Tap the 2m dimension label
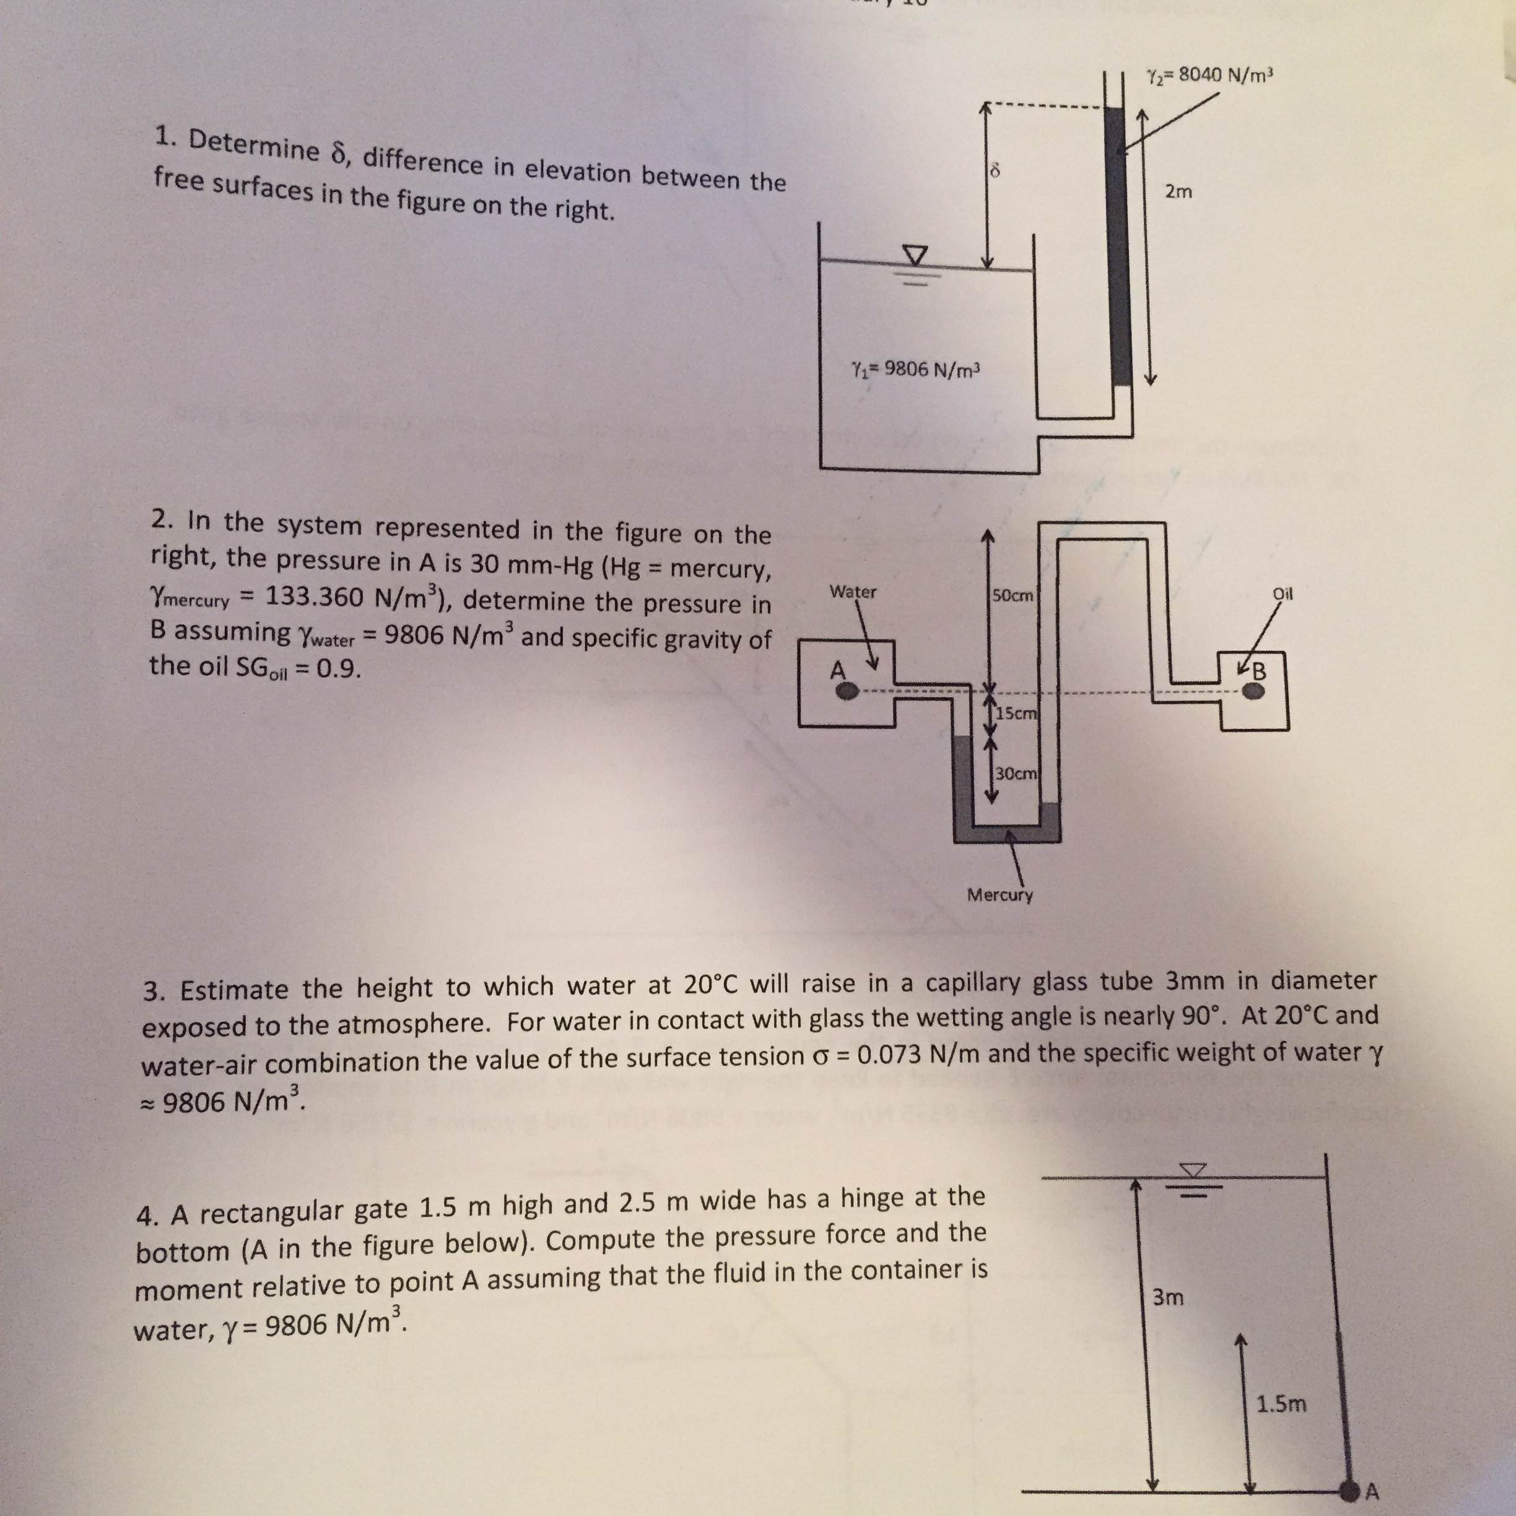click(x=1178, y=191)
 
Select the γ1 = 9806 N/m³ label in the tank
click(x=917, y=368)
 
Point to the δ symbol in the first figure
click(x=995, y=168)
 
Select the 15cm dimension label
click(x=1016, y=713)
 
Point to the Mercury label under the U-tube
click(x=1000, y=894)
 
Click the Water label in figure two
click(x=853, y=591)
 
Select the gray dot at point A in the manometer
click(x=847, y=690)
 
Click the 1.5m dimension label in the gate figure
click(x=1281, y=1404)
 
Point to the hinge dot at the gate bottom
click(x=1349, y=1486)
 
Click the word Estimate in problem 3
click(x=235, y=990)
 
